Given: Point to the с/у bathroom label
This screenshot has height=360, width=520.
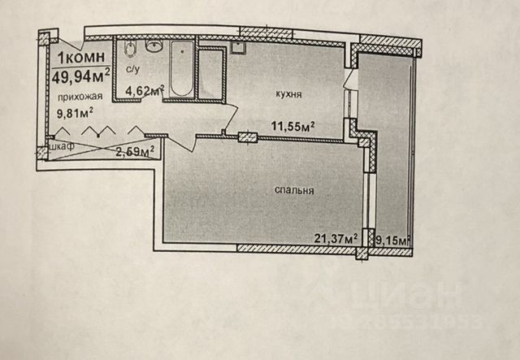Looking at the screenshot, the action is pos(133,70).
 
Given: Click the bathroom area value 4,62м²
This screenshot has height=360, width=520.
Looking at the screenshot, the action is pos(145,92).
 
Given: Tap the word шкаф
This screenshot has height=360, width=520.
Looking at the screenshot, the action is pos(63,148).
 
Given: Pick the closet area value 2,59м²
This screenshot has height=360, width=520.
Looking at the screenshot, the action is pos(135,151).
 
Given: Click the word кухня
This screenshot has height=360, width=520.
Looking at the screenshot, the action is pos(288,95).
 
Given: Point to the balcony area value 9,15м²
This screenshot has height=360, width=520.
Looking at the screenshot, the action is pos(391,239).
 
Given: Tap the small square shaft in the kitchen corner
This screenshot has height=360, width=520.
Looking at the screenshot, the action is pos(238,46).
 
